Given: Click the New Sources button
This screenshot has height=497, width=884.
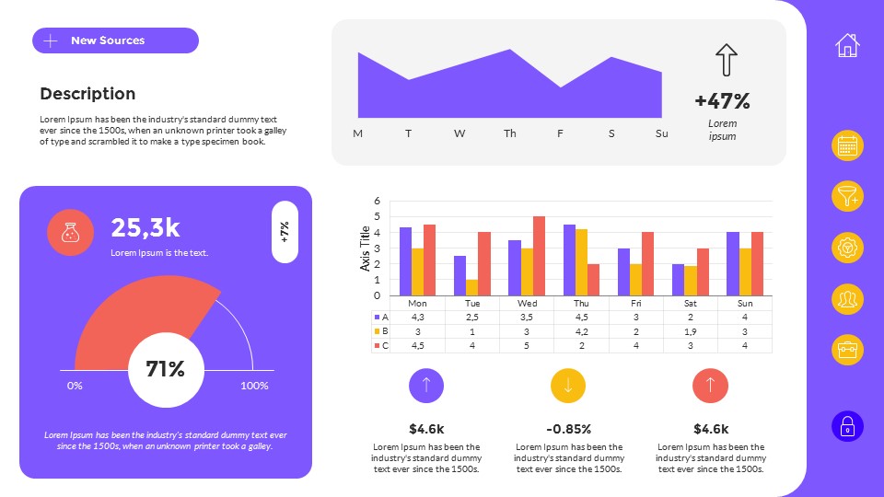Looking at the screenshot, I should (x=115, y=40).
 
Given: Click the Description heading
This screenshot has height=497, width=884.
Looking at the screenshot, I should (x=87, y=94).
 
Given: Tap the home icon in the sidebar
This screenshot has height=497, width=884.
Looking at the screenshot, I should (x=847, y=44).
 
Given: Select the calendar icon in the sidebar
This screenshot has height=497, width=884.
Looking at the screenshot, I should (x=847, y=145).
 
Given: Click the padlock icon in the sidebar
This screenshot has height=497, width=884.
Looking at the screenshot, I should (x=847, y=427).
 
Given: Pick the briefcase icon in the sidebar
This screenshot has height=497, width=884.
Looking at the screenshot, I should (x=847, y=351).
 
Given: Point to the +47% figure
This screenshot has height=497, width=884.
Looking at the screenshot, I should (x=722, y=101).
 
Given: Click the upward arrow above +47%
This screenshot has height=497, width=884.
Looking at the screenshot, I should (x=727, y=60).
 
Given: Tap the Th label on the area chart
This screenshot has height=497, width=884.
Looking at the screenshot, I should (x=510, y=134).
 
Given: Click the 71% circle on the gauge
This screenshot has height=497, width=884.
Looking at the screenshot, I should (x=165, y=370).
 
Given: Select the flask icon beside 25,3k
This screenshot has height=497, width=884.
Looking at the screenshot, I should (x=70, y=233).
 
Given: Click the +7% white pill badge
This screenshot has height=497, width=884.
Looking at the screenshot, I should (x=285, y=231).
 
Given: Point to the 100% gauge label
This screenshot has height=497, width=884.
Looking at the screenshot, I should (x=254, y=386).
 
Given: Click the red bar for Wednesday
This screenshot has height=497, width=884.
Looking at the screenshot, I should (x=539, y=256).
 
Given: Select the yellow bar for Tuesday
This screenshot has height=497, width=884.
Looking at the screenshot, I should (x=471, y=287).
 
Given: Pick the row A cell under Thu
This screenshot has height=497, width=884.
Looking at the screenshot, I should (x=581, y=317).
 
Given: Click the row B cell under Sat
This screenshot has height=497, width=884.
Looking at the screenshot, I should (x=690, y=331).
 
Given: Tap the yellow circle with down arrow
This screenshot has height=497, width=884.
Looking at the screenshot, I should (x=568, y=386).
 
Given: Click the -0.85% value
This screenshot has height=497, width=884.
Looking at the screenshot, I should (x=568, y=429).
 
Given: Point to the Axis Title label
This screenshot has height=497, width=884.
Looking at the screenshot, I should (x=366, y=248).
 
